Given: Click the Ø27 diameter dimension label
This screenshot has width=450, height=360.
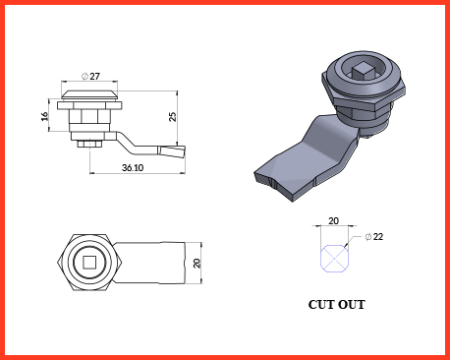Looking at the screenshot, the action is (x=90, y=77).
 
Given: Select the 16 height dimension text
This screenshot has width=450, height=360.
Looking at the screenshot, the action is (x=44, y=116).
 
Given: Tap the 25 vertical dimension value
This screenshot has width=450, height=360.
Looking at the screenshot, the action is (x=172, y=117).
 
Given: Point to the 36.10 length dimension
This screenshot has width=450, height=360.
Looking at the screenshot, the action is (x=133, y=167).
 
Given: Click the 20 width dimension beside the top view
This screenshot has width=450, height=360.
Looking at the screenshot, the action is (x=197, y=263).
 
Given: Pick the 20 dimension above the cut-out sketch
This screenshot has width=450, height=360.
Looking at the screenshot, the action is (x=333, y=221).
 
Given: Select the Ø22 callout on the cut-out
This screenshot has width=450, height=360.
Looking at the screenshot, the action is (x=373, y=237).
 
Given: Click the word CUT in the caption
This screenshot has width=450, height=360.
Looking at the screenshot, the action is (x=321, y=305).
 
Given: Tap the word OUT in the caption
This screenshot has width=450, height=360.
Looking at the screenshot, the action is (x=352, y=305).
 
